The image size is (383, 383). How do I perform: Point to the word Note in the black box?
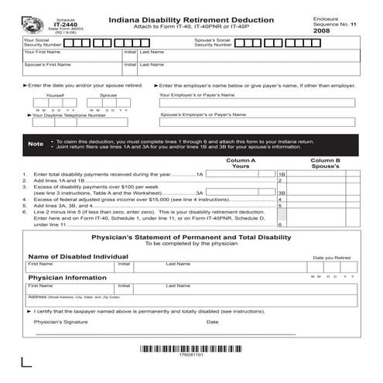point(36,144)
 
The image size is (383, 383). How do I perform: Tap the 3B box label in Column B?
point(282,193)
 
